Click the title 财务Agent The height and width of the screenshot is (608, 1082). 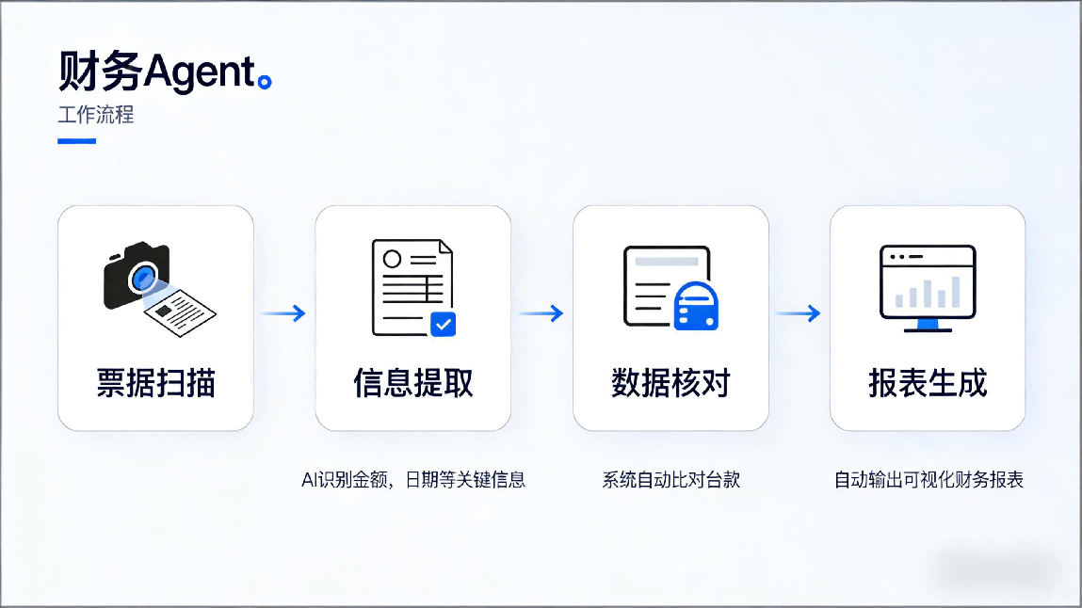(156, 72)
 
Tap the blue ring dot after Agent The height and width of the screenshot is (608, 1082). (266, 83)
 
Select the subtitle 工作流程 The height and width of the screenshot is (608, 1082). (96, 115)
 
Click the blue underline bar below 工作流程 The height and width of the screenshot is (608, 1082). (76, 141)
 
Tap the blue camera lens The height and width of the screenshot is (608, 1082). (144, 277)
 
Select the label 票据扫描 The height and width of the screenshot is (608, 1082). (155, 383)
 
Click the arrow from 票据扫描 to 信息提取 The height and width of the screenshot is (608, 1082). (283, 313)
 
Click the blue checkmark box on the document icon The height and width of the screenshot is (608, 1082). (443, 325)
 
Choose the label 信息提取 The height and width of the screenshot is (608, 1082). (412, 383)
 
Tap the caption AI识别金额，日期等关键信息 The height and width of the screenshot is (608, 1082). (412, 480)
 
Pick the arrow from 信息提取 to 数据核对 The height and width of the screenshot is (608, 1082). (541, 313)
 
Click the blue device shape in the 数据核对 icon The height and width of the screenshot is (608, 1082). (697, 306)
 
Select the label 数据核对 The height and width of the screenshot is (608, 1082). (670, 383)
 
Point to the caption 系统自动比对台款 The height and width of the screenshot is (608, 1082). (670, 480)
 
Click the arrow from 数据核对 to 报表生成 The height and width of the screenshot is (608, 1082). (798, 313)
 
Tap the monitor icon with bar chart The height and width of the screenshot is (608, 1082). (928, 287)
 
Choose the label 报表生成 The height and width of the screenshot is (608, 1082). (928, 383)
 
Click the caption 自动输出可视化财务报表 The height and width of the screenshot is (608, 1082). (929, 480)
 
